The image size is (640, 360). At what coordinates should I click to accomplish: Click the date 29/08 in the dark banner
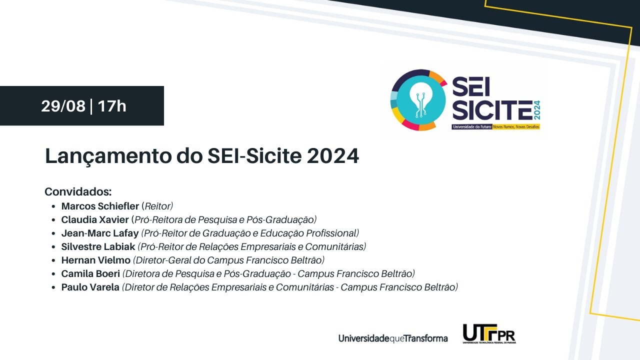(63, 106)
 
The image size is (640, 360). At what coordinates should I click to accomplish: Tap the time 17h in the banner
(112, 106)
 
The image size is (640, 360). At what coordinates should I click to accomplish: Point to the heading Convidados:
(78, 192)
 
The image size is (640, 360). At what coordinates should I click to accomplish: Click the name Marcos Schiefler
(100, 206)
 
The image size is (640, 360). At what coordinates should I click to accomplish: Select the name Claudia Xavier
(95, 219)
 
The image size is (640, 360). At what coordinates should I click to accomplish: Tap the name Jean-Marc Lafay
(100, 233)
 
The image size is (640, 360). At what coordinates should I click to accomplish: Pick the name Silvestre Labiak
(98, 246)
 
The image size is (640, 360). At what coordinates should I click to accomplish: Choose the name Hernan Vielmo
(95, 260)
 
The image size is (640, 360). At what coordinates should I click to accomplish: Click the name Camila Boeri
(90, 273)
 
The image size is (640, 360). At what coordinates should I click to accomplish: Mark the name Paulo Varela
(90, 287)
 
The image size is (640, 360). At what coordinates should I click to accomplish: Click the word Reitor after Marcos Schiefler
(157, 206)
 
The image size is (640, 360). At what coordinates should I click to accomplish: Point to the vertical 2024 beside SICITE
(537, 109)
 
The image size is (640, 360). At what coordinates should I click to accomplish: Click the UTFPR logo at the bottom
(488, 334)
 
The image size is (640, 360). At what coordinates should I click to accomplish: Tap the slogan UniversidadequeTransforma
(393, 338)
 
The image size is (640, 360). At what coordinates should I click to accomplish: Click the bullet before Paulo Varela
(53, 287)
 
